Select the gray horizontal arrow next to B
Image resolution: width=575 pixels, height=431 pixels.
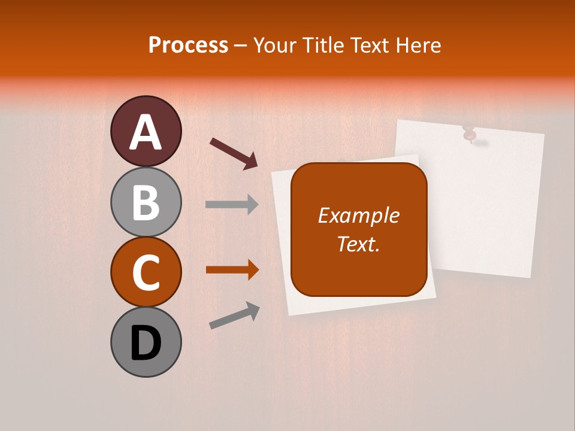[232, 205]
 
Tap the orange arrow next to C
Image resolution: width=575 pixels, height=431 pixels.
[232, 270]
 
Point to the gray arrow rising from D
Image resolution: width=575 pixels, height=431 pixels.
[234, 315]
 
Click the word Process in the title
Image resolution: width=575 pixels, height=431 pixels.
[188, 45]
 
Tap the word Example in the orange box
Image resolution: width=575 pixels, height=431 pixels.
[359, 215]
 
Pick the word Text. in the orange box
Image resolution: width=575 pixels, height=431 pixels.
[359, 244]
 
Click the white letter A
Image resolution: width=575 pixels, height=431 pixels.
[146, 132]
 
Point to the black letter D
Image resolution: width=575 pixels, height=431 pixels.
[146, 343]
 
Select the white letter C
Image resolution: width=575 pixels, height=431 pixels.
[146, 273]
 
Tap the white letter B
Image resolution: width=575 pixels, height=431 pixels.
[146, 202]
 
